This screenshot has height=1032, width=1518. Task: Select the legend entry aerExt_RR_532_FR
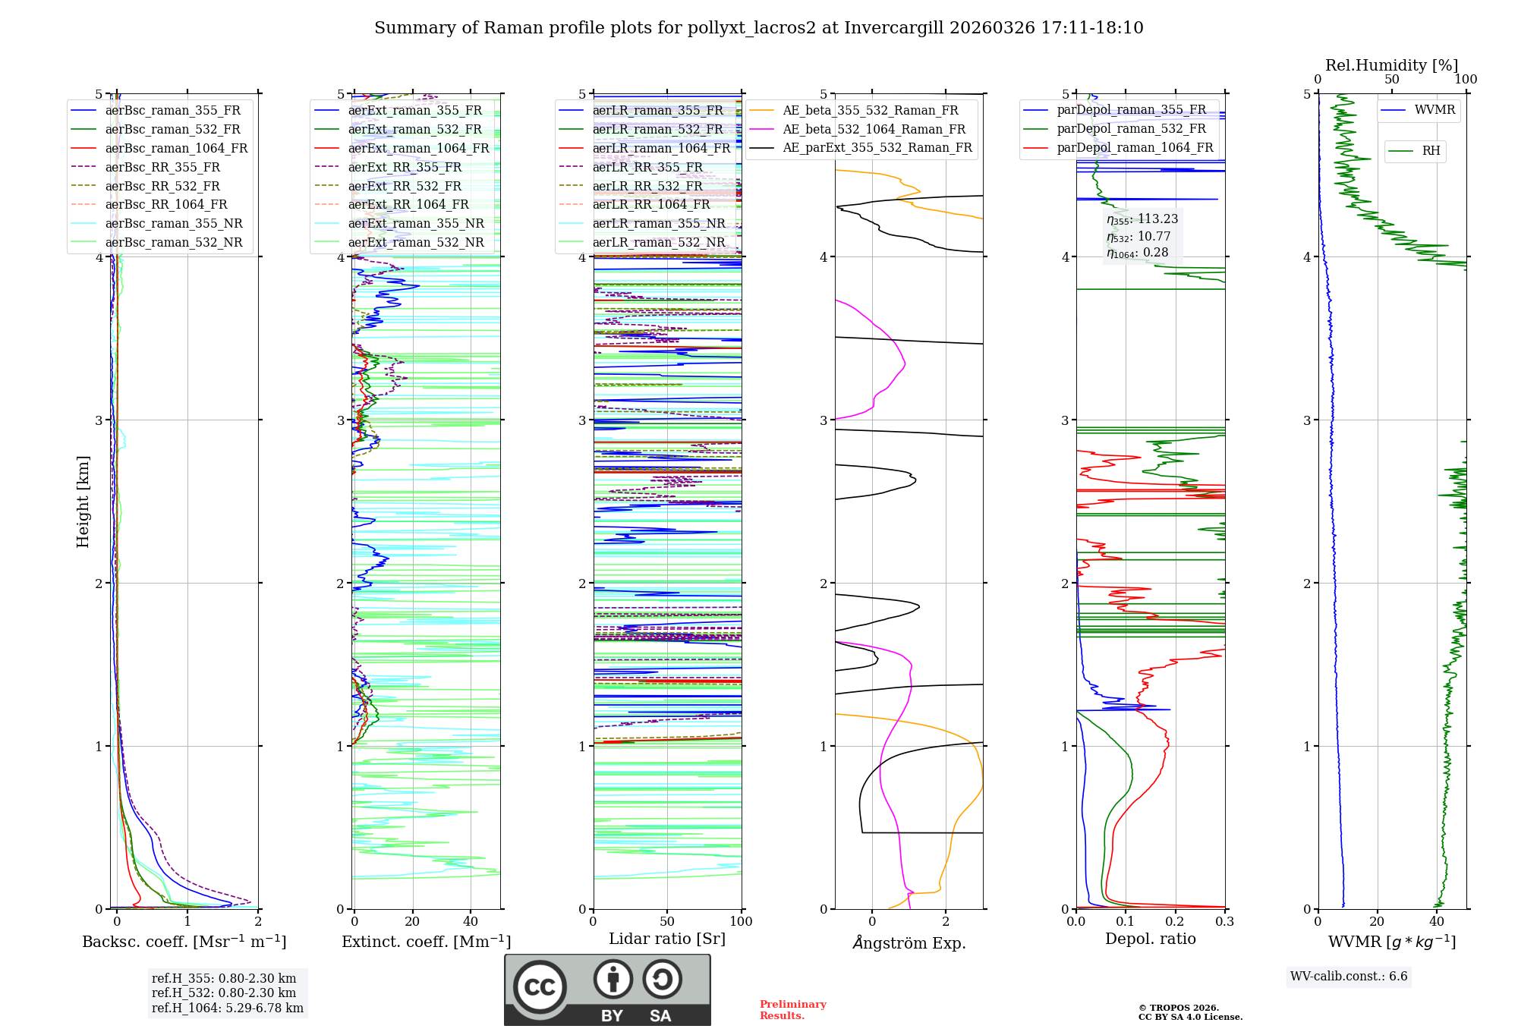pyautogui.click(x=405, y=186)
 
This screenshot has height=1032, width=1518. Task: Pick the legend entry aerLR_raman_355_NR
pyautogui.click(x=658, y=223)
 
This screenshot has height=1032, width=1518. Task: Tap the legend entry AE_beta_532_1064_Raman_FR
pyautogui.click(x=874, y=129)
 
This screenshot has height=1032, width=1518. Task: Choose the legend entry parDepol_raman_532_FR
pyautogui.click(x=1131, y=129)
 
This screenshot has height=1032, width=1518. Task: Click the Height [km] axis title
pyautogui.click(x=83, y=501)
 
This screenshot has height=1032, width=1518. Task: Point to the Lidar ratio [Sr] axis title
pyautogui.click(x=667, y=939)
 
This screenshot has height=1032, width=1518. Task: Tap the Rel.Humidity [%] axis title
pyautogui.click(x=1391, y=65)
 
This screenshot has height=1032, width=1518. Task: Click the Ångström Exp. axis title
pyautogui.click(x=909, y=942)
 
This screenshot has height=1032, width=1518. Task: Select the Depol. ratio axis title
pyautogui.click(x=1150, y=939)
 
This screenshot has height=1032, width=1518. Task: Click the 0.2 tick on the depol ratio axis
pyautogui.click(x=1175, y=921)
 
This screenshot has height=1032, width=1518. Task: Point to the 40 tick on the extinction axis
pyautogui.click(x=471, y=921)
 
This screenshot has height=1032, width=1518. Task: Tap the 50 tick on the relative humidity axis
pyautogui.click(x=1391, y=79)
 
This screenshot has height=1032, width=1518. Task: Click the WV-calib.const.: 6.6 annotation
pyautogui.click(x=1349, y=977)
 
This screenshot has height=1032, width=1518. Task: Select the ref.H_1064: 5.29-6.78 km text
pyautogui.click(x=227, y=1008)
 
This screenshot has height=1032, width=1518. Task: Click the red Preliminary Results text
pyautogui.click(x=792, y=1010)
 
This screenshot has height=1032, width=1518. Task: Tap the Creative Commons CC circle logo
pyautogui.click(x=540, y=986)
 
